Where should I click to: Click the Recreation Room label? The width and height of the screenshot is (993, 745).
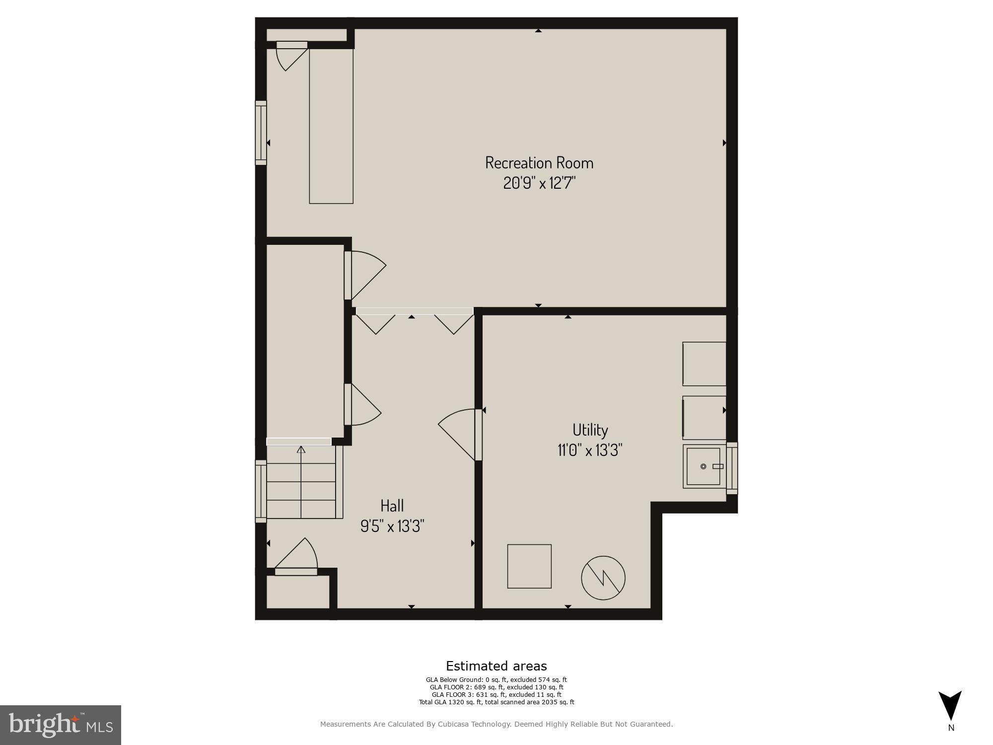click(539, 163)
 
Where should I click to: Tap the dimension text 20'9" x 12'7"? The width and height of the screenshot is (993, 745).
click(539, 183)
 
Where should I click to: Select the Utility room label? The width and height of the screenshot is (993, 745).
click(590, 430)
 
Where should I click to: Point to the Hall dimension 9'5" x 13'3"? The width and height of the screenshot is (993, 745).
click(392, 526)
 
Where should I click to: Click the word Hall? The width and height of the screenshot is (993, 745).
click(392, 506)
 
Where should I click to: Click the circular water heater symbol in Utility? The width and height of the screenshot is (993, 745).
click(603, 578)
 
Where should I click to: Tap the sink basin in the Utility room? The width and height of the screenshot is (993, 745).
click(703, 466)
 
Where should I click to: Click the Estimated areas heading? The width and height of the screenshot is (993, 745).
click(496, 666)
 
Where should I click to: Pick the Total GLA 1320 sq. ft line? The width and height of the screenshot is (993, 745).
click(496, 702)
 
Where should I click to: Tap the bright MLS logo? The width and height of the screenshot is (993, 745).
click(61, 725)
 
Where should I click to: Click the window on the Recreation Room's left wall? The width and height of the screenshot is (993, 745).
click(261, 133)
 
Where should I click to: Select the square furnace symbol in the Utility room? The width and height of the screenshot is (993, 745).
click(529, 566)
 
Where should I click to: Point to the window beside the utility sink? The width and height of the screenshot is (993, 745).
click(732, 468)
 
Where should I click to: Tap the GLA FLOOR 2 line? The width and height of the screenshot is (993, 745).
click(496, 687)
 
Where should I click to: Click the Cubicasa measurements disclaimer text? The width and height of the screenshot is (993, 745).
click(496, 724)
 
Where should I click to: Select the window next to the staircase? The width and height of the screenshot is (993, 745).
click(261, 491)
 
